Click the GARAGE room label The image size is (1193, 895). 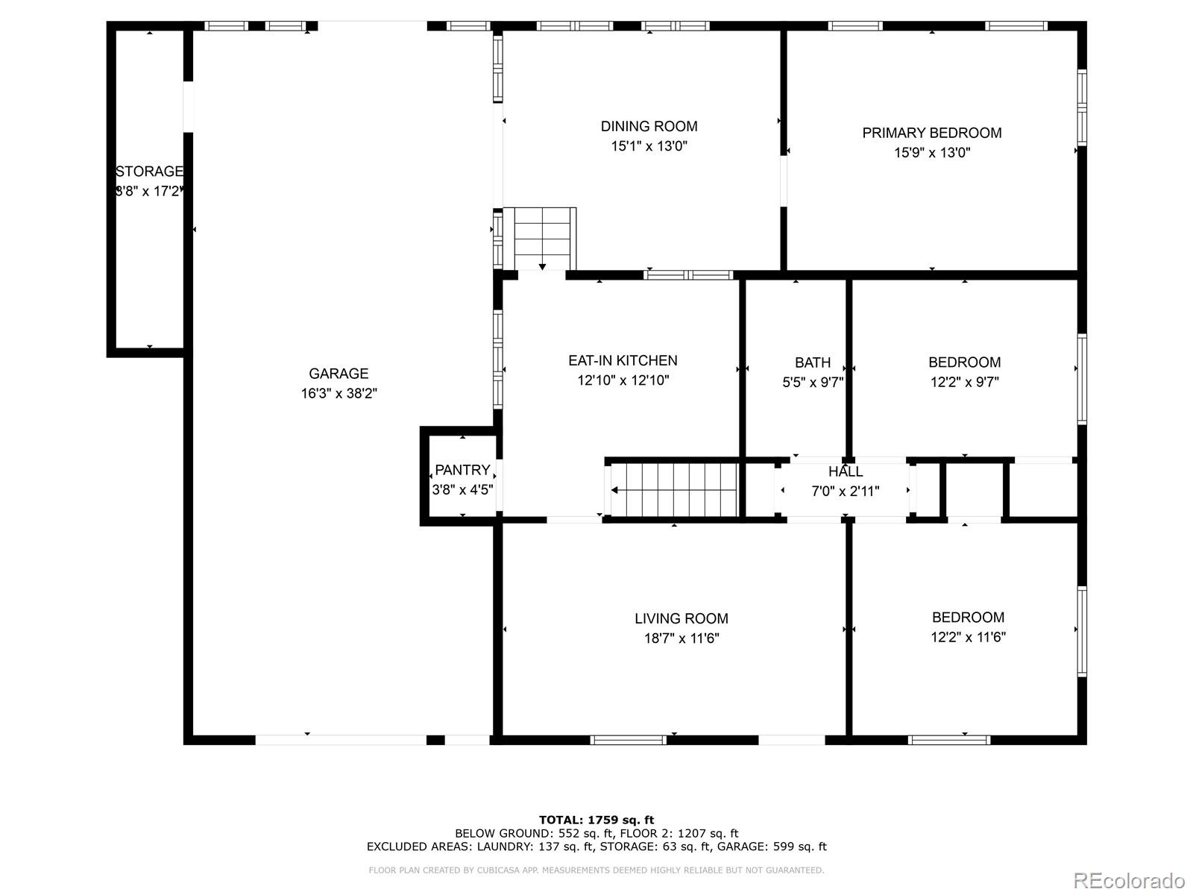click(x=339, y=374)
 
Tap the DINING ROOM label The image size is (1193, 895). click(x=649, y=126)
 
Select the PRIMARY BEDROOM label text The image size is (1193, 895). click(x=931, y=133)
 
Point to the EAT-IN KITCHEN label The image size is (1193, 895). click(x=623, y=360)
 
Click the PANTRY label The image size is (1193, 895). click(x=462, y=470)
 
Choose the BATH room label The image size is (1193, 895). click(x=813, y=362)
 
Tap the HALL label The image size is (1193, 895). click(x=845, y=471)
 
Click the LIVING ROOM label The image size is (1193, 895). click(x=682, y=618)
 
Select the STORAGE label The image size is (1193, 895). click(x=149, y=172)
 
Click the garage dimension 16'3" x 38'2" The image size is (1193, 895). click(x=339, y=393)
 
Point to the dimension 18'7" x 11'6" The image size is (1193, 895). click(x=682, y=638)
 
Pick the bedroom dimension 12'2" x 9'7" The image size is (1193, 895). click(x=965, y=382)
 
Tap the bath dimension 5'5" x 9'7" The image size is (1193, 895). click(x=813, y=383)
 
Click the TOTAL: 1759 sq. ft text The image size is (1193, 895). click(x=596, y=820)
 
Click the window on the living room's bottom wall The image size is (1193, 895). click(x=629, y=740)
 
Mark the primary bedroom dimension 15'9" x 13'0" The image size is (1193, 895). click(x=932, y=153)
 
